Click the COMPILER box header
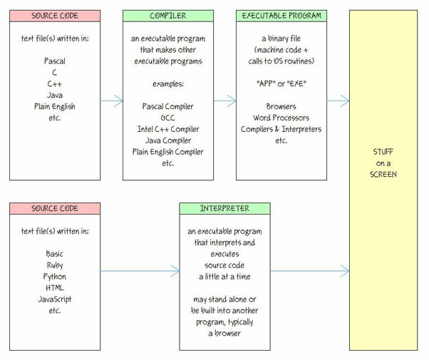point(168,16)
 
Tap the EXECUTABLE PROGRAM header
point(281,16)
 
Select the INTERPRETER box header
point(224,209)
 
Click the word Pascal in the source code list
point(55,61)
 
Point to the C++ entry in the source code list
point(54,84)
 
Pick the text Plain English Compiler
point(167,152)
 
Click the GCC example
point(167,118)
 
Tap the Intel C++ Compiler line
point(168,129)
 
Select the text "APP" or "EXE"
point(281,83)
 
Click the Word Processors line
point(281,118)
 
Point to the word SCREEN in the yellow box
point(383,175)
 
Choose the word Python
point(55,277)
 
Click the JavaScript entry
point(55,299)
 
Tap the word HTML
point(55,288)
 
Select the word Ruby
point(55,265)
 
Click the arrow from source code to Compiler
point(112,101)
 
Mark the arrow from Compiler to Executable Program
point(225,101)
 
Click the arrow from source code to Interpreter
point(140,271)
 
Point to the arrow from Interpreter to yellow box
point(310,271)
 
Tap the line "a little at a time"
point(224,277)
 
